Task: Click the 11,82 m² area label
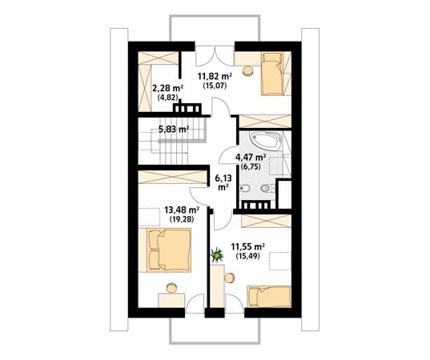point(215,76)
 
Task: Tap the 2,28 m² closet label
point(168,89)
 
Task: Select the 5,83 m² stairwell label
point(174,129)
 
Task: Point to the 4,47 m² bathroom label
point(251,158)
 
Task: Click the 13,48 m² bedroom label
point(182,210)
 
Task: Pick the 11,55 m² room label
point(247,247)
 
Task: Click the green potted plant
point(217,254)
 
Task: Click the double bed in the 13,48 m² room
point(165,250)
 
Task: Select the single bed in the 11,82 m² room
point(272,74)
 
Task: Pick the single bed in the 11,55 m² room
point(269,297)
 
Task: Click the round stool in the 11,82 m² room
point(249,71)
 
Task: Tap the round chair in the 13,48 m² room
point(171,288)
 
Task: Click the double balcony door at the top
point(215,56)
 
